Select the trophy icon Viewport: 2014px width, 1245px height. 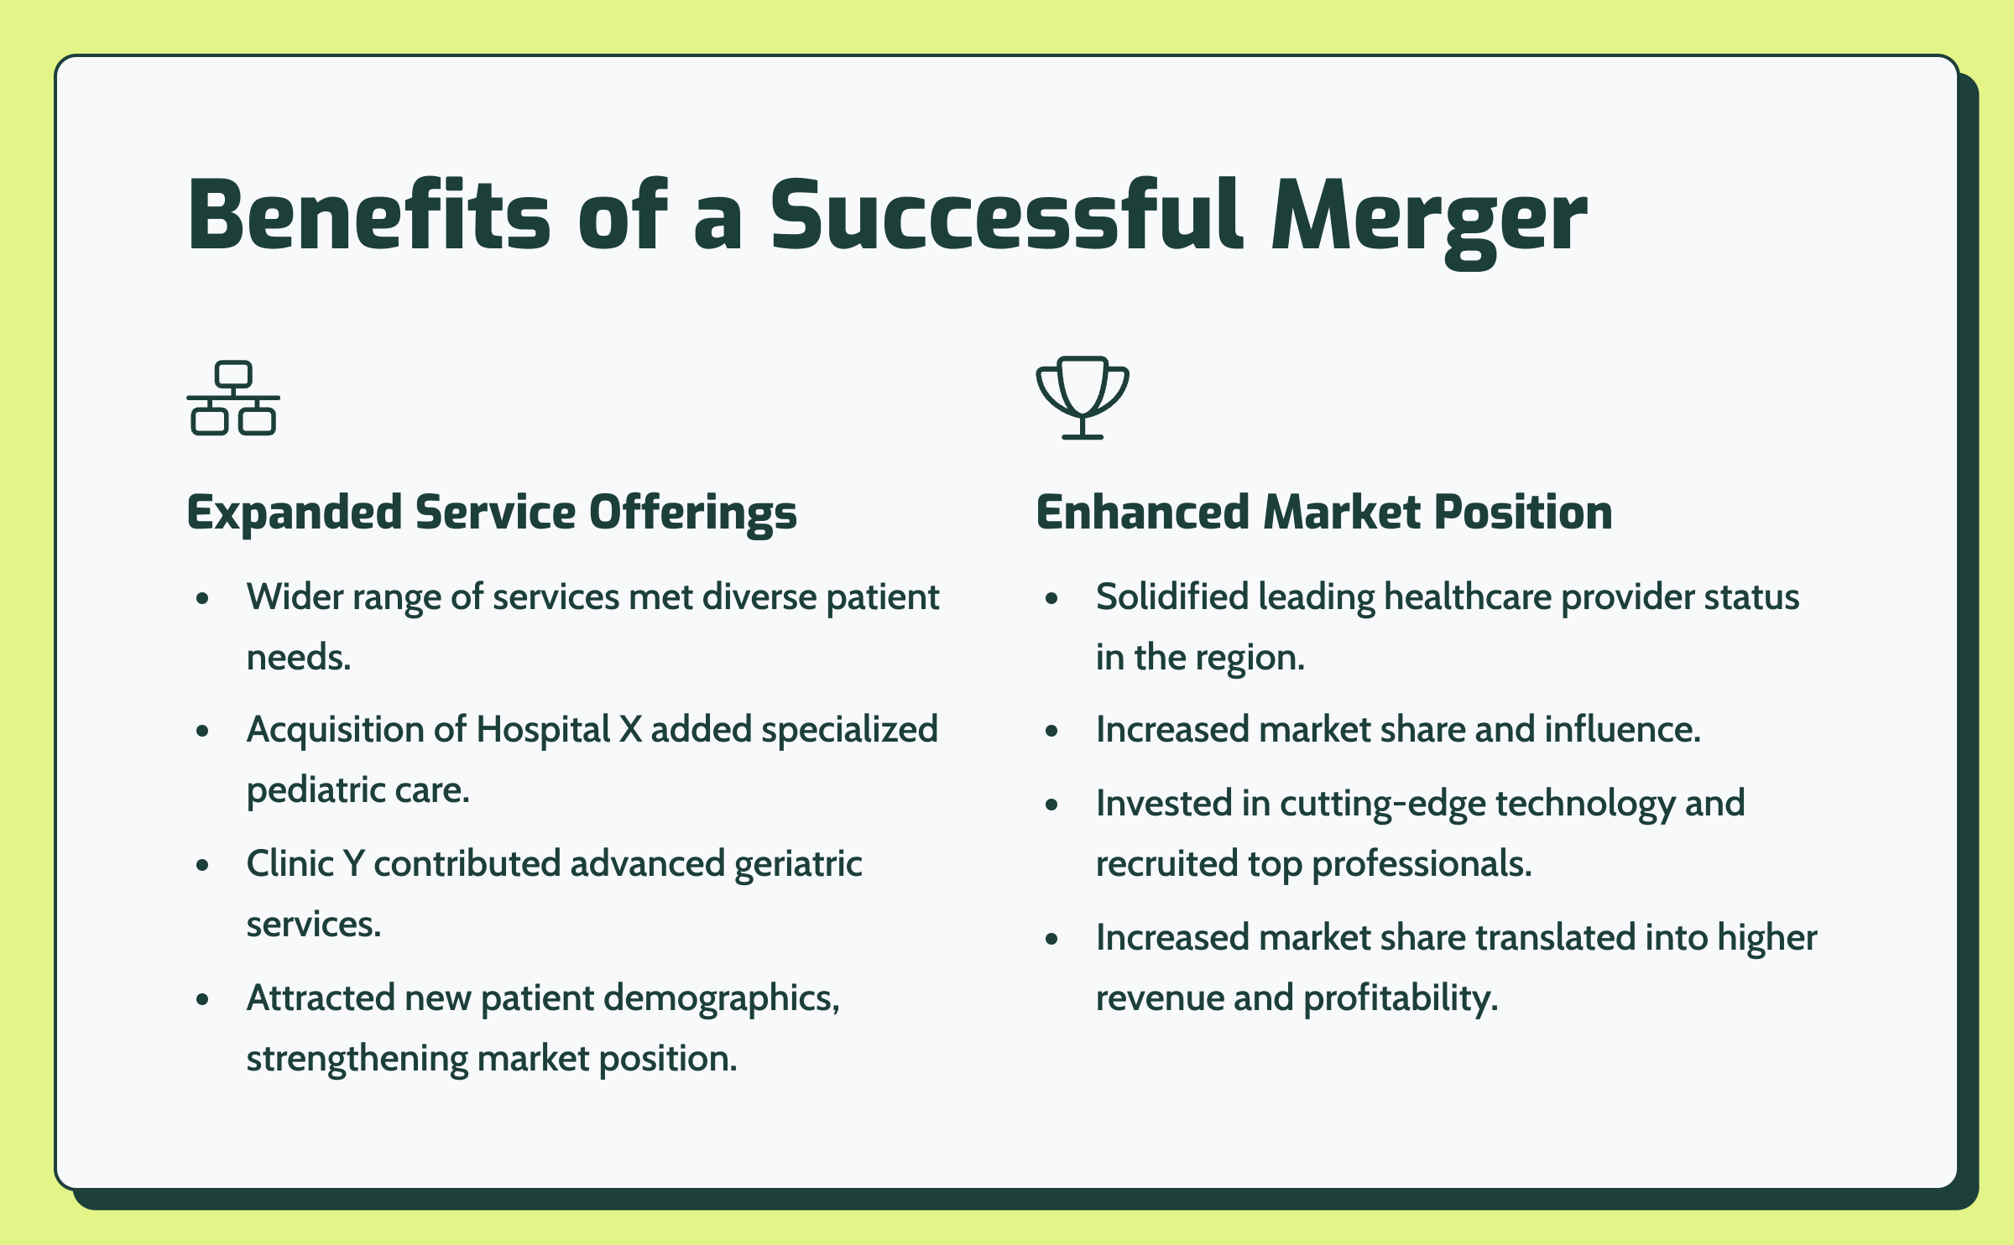(x=1083, y=398)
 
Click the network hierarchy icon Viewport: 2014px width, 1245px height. (x=233, y=398)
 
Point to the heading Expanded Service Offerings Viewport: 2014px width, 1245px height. (x=492, y=513)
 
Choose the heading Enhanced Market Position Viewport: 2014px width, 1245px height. (x=1324, y=512)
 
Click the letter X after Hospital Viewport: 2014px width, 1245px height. (x=630, y=730)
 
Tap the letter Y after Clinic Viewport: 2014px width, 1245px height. (x=353, y=864)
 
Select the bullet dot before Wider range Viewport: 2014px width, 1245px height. (x=202, y=598)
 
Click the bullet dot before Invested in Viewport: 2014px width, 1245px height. (x=1051, y=805)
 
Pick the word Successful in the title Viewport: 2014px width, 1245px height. (x=1006, y=214)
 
